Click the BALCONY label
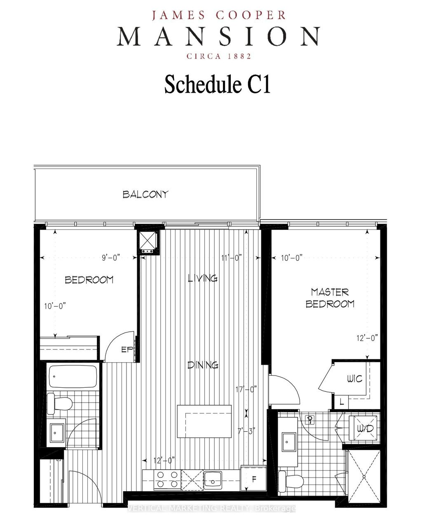[x=145, y=194]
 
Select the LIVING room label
[x=203, y=278]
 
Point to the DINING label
[x=203, y=365]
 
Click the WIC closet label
[x=354, y=378]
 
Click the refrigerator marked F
[x=253, y=480]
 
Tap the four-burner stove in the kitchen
[x=167, y=480]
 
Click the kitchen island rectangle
[x=204, y=422]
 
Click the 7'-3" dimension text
[x=247, y=431]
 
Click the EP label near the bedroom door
[x=126, y=350]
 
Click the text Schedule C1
[x=217, y=84]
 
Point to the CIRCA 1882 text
[x=219, y=56]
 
